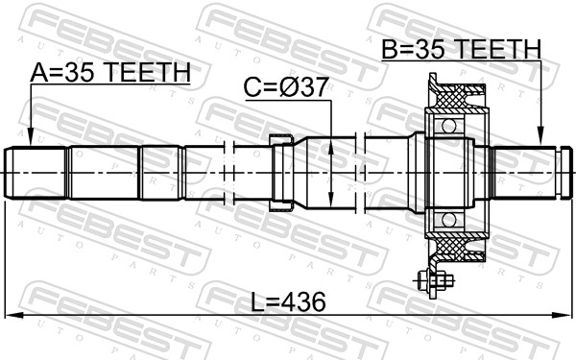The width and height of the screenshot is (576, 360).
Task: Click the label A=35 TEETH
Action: point(109,72)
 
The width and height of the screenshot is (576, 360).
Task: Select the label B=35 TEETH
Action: point(461,48)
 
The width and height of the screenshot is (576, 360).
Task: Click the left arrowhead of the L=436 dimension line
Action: point(12,315)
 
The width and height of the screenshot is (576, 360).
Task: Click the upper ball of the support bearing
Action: point(446,126)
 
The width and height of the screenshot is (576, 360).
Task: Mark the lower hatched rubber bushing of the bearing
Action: point(462,249)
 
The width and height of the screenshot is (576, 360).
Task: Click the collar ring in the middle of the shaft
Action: point(280,174)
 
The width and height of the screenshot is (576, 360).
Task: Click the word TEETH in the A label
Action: point(154,72)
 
